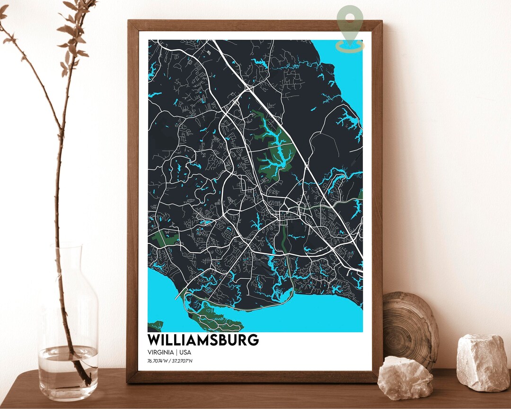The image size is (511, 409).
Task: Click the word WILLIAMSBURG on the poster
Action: (x=203, y=340)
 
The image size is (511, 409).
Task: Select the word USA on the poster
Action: (x=185, y=353)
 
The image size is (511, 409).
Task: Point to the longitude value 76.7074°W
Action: (x=158, y=362)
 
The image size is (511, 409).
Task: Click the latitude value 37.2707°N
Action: (x=183, y=362)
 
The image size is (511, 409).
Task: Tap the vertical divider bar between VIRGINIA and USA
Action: (x=176, y=353)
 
